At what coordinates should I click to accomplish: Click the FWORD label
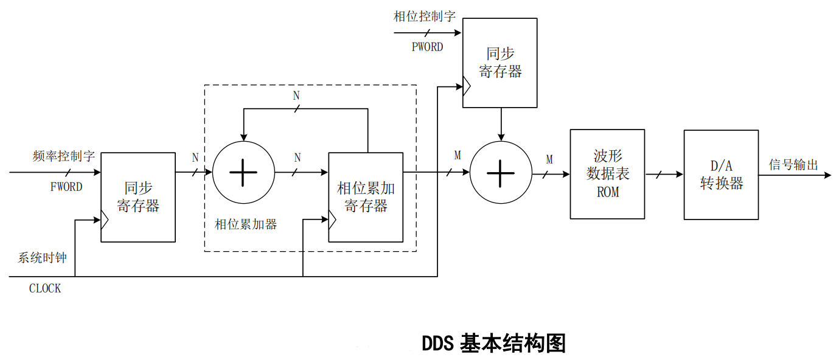[x=66, y=187]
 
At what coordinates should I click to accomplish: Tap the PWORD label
[x=427, y=47]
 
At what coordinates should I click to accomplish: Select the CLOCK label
[x=45, y=288]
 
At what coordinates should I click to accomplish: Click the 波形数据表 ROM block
[x=607, y=174]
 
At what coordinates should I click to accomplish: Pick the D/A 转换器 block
[x=721, y=175]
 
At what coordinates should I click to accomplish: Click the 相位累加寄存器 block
[x=366, y=197]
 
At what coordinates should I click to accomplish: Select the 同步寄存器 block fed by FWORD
[x=138, y=197]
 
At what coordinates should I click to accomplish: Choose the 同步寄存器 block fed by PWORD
[x=500, y=63]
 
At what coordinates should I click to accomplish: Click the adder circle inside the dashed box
[x=243, y=172]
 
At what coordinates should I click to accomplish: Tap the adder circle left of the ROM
[x=501, y=173]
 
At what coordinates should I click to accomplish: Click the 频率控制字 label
[x=64, y=156]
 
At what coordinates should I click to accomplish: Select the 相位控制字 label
[x=424, y=16]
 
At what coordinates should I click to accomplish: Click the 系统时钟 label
[x=42, y=257]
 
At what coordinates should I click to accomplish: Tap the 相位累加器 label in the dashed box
[x=246, y=224]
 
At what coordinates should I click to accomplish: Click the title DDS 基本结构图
[x=493, y=343]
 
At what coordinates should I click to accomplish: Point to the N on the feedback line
[x=296, y=96]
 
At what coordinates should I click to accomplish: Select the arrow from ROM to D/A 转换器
[x=664, y=175]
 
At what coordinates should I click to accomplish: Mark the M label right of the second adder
[x=549, y=159]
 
